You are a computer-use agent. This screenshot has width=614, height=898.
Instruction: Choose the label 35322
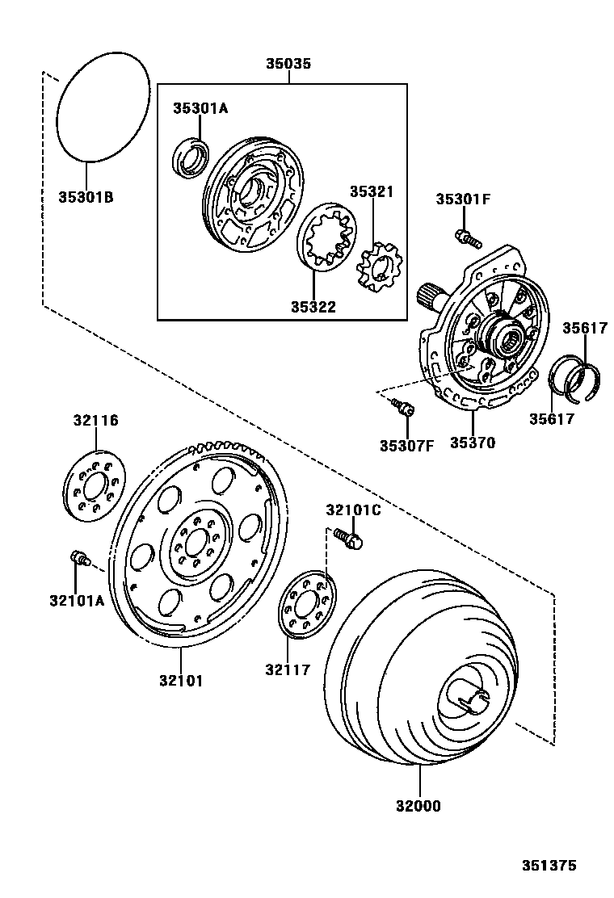[x=314, y=307]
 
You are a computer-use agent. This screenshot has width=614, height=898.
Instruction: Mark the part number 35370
[x=473, y=443]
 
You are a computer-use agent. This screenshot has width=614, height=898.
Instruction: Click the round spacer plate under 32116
[x=95, y=487]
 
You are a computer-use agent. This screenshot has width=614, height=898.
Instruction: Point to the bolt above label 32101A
[x=79, y=557]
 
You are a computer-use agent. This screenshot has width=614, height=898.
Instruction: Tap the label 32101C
[x=353, y=510]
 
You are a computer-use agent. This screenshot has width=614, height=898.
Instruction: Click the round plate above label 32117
[x=306, y=604]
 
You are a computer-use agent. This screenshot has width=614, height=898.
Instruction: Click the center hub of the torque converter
[x=466, y=694]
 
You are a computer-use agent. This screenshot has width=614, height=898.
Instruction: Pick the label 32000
[x=419, y=805]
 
